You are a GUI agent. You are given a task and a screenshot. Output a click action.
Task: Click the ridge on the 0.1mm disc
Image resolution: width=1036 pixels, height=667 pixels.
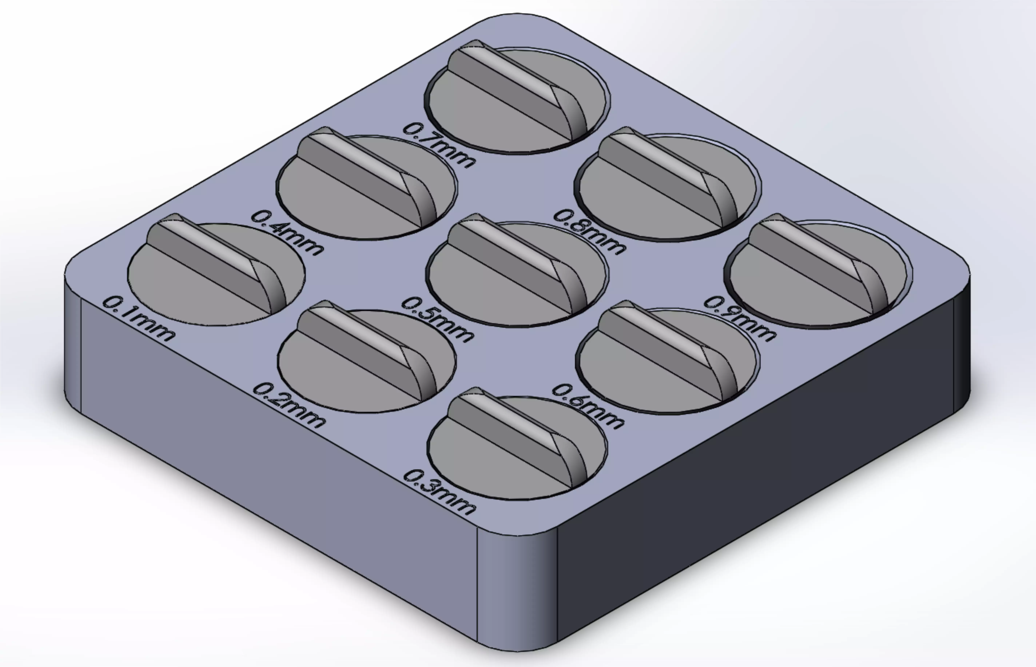[212, 260]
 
